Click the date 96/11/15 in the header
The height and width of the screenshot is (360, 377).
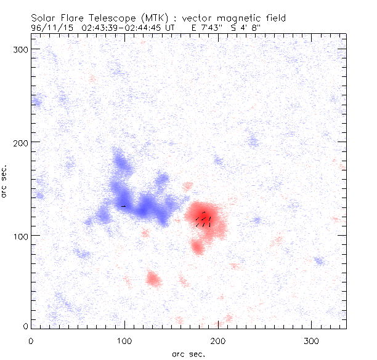point(49,28)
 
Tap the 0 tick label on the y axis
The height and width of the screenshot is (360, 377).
point(25,326)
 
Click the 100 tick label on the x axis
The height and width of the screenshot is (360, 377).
point(124,340)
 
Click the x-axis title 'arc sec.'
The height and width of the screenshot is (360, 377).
point(188,353)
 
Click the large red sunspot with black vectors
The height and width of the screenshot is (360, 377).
point(206,218)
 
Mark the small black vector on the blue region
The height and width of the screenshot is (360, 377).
point(124,206)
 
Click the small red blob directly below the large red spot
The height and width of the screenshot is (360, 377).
point(197,247)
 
